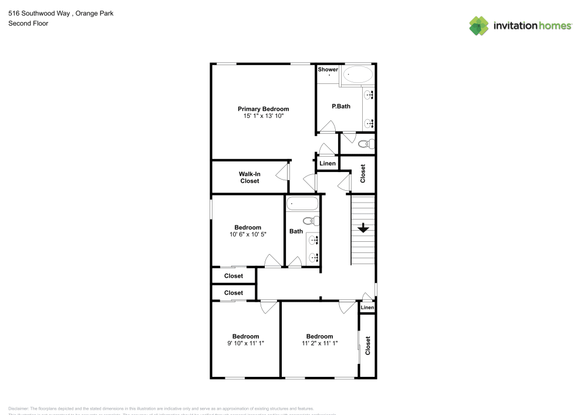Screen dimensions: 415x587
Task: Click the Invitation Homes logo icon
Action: click(479, 26)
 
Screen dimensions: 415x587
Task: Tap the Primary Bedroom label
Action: click(263, 109)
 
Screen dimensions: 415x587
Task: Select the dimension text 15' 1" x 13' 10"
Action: click(263, 116)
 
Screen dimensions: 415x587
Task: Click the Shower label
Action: click(328, 69)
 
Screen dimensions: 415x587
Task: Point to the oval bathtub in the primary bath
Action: click(357, 75)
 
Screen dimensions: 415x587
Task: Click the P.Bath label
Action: click(341, 106)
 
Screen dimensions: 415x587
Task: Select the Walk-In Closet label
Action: click(249, 177)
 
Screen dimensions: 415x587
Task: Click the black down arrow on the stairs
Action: click(363, 228)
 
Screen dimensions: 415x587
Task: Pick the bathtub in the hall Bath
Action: click(302, 204)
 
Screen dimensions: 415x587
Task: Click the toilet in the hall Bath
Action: click(314, 221)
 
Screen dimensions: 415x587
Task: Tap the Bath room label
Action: click(296, 231)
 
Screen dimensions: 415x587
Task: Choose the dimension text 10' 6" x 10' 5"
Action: click(248, 235)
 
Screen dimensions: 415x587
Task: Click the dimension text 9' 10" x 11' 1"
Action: click(245, 344)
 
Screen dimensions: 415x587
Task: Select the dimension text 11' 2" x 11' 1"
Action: click(319, 344)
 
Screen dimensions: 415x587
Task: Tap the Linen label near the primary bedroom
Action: click(327, 163)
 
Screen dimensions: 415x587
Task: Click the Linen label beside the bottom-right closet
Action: click(367, 308)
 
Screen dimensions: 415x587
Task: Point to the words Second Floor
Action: click(28, 23)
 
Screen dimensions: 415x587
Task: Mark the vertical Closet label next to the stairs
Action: click(363, 173)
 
